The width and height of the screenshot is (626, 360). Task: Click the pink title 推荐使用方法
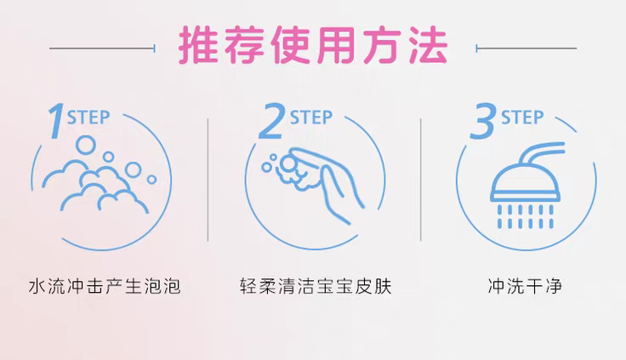point(313,46)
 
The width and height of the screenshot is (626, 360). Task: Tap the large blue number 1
point(56,121)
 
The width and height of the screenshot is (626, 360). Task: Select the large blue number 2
point(271,121)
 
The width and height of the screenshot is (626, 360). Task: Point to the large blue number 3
point(483,121)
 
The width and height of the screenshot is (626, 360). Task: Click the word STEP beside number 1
point(88,117)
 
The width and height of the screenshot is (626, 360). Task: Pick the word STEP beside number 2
point(311,117)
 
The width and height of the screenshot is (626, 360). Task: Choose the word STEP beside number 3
point(522,117)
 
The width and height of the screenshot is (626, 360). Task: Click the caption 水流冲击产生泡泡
point(105,286)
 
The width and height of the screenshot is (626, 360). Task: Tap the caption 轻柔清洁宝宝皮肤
point(316,286)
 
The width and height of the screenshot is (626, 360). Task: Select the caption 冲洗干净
point(525,286)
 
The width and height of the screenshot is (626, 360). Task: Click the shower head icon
point(526,186)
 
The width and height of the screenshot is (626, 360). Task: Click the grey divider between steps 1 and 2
point(208,180)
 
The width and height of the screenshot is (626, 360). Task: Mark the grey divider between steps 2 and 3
point(421,180)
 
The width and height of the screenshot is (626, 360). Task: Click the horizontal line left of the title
point(102,49)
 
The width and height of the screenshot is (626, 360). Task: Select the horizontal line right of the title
point(526,49)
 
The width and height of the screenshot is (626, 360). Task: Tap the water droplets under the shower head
point(526,216)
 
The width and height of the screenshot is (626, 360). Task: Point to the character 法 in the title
point(428,46)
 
